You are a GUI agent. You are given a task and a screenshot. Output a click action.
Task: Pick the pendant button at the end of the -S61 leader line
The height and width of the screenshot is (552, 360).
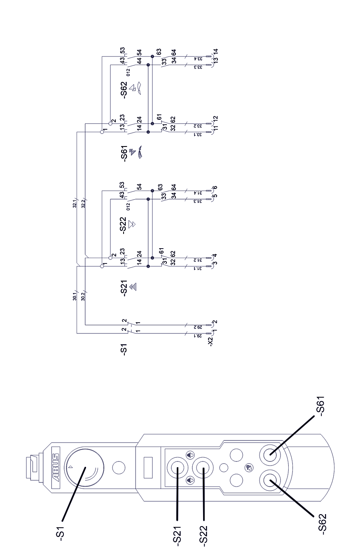(x=271, y=456)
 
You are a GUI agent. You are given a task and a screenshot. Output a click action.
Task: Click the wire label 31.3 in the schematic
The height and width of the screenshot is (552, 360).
(x=200, y=199)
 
